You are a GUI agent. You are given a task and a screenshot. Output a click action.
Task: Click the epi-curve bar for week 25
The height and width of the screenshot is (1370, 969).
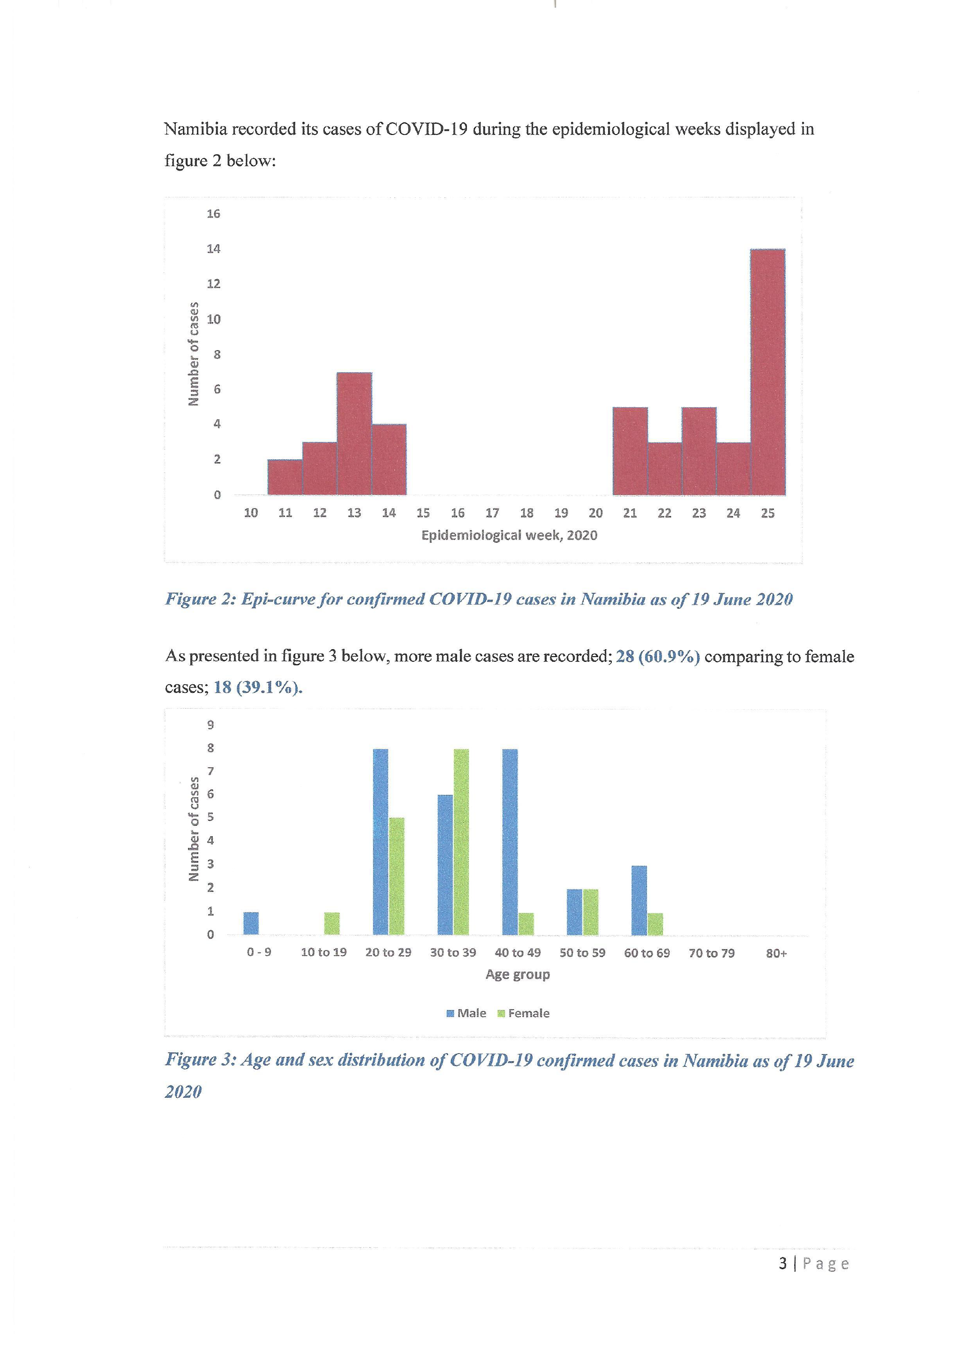[768, 372]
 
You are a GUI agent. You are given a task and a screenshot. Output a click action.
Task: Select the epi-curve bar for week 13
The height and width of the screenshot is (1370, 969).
[354, 434]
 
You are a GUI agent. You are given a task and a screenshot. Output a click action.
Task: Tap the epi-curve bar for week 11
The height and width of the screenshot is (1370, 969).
[285, 477]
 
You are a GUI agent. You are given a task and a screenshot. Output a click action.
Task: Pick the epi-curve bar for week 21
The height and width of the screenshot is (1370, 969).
[630, 451]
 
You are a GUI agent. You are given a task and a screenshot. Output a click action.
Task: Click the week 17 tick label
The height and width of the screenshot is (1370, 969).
[492, 513]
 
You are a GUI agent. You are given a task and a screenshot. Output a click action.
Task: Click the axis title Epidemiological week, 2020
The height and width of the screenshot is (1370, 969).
[510, 535]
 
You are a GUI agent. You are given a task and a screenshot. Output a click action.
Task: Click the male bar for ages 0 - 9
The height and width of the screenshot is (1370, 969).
[251, 924]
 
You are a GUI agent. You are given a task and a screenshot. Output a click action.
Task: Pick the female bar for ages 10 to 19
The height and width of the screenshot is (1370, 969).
[332, 924]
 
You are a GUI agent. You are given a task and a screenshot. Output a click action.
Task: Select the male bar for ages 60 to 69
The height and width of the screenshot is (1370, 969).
[639, 900]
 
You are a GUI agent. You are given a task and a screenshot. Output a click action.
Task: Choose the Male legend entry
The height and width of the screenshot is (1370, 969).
[466, 1013]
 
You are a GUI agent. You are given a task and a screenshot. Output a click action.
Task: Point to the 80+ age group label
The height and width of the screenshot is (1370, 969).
[776, 953]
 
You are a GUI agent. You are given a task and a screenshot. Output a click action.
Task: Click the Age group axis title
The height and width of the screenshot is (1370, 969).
[518, 974]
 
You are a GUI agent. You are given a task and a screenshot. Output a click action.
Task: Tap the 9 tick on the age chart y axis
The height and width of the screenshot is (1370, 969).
[210, 725]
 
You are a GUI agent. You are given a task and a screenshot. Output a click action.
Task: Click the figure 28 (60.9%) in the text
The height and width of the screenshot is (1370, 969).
[658, 656]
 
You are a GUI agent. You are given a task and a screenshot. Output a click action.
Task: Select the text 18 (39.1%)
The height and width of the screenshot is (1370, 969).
[258, 688]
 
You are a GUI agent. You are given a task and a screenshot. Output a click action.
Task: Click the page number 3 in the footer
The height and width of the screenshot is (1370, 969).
[783, 1264]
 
